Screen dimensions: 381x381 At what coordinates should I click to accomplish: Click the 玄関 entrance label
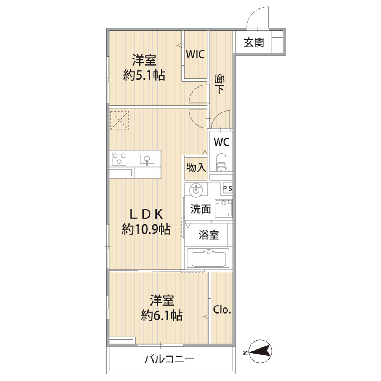(x=254, y=43)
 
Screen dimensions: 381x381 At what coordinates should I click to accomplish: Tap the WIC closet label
(x=195, y=54)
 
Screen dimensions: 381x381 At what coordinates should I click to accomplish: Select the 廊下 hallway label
(x=219, y=84)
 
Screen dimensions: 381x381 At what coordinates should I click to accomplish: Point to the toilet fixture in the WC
(x=221, y=162)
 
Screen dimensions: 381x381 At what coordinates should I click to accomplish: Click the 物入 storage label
(x=196, y=167)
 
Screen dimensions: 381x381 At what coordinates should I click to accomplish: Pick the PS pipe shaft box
(x=228, y=188)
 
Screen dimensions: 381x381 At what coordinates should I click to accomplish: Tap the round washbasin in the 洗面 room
(x=196, y=189)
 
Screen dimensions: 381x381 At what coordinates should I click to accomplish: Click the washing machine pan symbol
(x=224, y=208)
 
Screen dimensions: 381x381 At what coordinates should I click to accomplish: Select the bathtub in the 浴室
(x=209, y=259)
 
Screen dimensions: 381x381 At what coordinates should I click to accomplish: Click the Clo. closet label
(x=222, y=309)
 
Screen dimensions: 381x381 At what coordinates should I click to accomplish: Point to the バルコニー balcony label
(x=170, y=359)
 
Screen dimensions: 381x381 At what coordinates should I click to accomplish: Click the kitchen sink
(x=147, y=159)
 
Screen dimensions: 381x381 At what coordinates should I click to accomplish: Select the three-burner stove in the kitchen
(x=119, y=158)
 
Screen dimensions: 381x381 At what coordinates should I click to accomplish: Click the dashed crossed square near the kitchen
(x=120, y=120)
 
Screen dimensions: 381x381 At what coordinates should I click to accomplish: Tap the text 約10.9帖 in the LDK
(x=146, y=229)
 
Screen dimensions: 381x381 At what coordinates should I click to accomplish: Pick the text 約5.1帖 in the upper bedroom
(x=144, y=75)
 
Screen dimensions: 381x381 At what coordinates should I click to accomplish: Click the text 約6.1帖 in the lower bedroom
(x=162, y=315)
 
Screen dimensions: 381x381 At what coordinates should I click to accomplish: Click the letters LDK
(x=146, y=214)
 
